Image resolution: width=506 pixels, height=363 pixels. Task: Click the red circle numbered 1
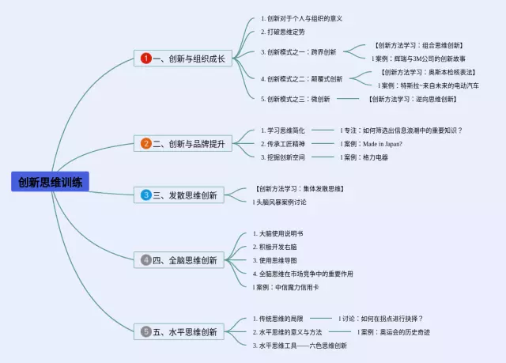145,59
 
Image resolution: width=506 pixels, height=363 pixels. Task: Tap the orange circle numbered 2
146,143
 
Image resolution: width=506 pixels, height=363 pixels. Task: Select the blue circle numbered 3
146,195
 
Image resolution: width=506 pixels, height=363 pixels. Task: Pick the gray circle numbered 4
146,260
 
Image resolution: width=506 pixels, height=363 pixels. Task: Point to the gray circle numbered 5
146,331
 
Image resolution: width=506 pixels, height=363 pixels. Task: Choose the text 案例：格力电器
365,157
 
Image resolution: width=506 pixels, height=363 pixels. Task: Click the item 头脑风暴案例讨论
280,202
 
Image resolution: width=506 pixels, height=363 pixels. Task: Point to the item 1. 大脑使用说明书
278,234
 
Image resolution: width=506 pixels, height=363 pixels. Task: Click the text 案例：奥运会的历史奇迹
395,332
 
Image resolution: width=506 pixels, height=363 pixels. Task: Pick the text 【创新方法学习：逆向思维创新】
412,99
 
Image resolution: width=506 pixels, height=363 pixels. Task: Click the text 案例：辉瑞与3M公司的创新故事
419,59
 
